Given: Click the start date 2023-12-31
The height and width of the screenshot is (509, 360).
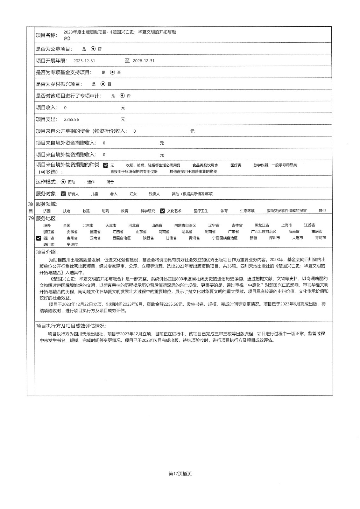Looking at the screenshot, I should click(x=84, y=61).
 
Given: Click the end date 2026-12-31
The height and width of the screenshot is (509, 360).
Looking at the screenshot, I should click(x=144, y=61).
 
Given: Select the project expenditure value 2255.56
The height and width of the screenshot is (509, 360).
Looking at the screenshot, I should click(x=71, y=120).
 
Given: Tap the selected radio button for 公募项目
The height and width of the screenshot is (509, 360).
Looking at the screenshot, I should click(x=93, y=49).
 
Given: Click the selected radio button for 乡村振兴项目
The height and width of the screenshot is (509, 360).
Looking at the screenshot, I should click(x=102, y=84).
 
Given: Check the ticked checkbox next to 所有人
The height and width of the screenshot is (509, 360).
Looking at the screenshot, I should click(x=63, y=194).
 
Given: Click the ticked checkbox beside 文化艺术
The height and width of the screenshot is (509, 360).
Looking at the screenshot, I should click(x=162, y=211).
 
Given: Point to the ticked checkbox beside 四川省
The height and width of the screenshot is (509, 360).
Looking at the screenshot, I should click(x=39, y=238).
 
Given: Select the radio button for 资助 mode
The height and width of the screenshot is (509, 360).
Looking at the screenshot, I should click(x=63, y=182).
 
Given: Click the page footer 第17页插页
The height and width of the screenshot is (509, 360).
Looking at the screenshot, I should click(x=180, y=474).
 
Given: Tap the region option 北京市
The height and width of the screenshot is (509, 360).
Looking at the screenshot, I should click(x=88, y=225).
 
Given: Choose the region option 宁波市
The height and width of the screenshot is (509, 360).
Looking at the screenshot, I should click(x=72, y=245).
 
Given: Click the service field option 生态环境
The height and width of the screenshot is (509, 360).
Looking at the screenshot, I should click(x=247, y=211).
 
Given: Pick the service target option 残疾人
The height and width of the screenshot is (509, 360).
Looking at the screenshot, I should click(x=154, y=194).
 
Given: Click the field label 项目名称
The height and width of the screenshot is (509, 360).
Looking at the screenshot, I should click(x=46, y=35).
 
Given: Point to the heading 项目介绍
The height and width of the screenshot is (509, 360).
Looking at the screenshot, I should click(x=47, y=252).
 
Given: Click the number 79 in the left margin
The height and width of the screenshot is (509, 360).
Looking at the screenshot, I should click(x=31, y=219).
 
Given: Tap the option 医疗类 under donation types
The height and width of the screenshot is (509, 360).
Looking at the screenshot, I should click(x=236, y=165).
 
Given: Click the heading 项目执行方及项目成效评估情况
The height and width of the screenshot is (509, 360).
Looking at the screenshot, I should click(x=71, y=326).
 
